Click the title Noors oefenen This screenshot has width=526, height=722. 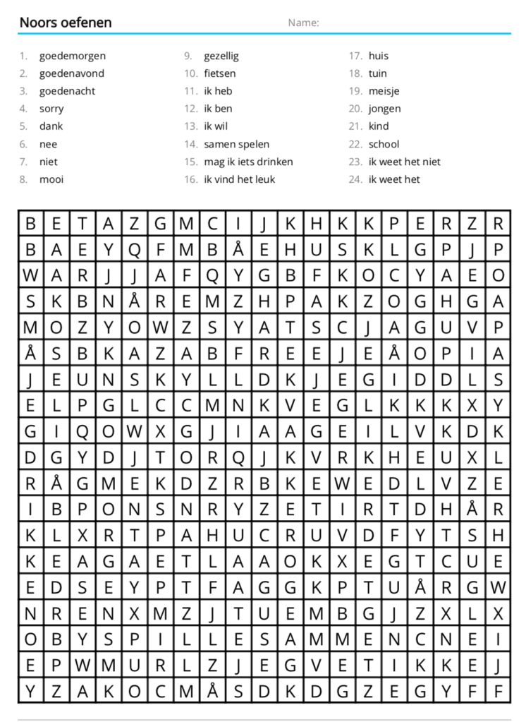tap(65, 23)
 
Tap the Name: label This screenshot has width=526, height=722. tap(303, 23)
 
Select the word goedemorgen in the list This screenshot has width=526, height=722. tap(72, 56)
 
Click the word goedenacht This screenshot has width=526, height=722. tap(67, 91)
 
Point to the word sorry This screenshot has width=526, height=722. tap(51, 109)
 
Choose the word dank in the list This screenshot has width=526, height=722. tap(51, 126)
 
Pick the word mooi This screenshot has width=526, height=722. tap(51, 179)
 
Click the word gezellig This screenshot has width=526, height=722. tap(221, 56)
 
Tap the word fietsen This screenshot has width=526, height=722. tap(220, 73)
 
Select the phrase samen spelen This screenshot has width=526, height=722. tap(236, 144)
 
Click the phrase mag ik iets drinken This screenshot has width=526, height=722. tap(248, 162)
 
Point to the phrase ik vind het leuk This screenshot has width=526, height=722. tap(239, 179)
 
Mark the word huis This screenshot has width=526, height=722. tap(378, 56)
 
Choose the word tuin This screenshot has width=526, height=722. tap(377, 73)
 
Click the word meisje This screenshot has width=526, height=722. tap(384, 91)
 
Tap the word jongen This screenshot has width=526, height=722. tap(384, 109)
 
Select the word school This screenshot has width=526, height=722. tap(384, 144)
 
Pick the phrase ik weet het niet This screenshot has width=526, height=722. tap(404, 162)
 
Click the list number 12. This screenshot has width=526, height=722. tap(190, 109)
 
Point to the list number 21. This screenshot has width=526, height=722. tap(355, 126)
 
